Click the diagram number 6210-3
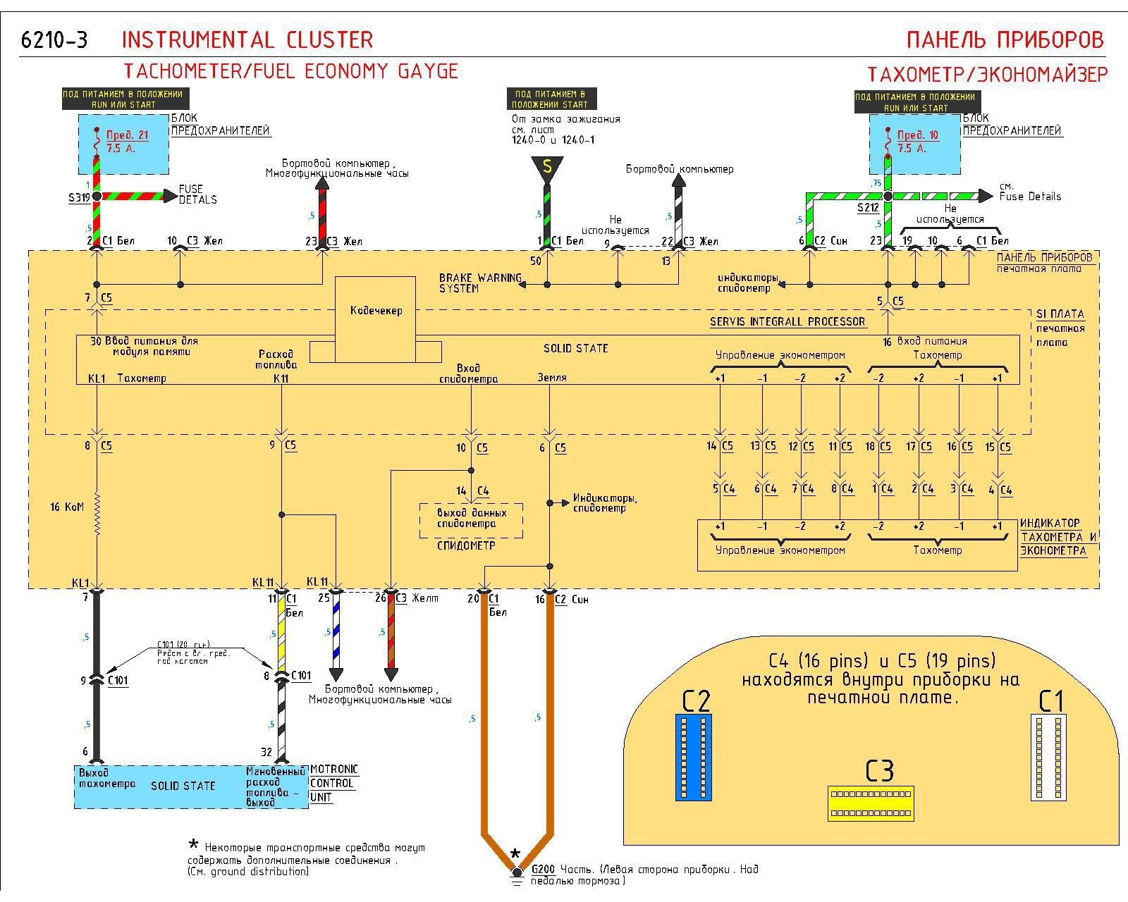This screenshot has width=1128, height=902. click(54, 40)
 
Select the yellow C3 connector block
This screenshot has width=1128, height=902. click(871, 803)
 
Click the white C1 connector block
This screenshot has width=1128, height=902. click(1048, 757)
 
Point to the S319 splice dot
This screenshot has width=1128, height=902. click(97, 197)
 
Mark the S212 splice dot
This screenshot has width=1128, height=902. click(888, 197)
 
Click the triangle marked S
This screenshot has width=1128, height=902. click(546, 168)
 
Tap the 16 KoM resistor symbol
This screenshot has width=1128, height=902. click(97, 507)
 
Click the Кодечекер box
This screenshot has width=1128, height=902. click(375, 310)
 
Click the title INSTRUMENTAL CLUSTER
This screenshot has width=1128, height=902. click(247, 39)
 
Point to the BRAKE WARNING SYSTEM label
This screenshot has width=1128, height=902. click(479, 283)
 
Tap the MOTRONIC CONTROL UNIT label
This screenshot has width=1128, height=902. click(333, 783)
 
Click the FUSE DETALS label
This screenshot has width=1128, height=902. click(197, 194)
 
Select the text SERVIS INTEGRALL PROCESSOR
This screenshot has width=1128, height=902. click(787, 321)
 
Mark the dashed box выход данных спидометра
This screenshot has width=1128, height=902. click(471, 519)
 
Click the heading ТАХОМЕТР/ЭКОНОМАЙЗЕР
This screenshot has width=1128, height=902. click(987, 74)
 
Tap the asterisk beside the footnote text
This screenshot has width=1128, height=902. click(193, 845)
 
